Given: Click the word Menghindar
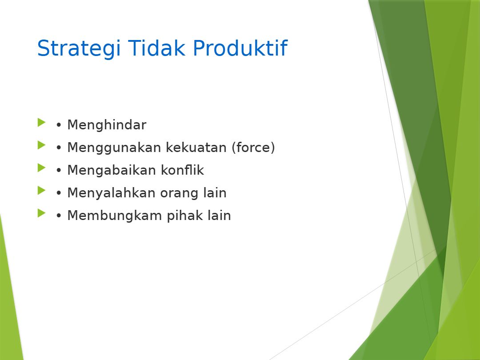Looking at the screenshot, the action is coord(107,125).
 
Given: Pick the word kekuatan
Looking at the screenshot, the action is coord(196,147).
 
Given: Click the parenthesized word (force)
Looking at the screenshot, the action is coord(253,148).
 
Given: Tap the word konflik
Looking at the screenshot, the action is coord(183,170).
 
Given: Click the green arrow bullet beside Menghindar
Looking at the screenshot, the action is coord(41,123).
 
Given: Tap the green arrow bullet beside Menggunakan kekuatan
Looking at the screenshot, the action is coord(41,145).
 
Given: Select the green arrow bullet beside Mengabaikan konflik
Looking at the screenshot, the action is coord(41,168).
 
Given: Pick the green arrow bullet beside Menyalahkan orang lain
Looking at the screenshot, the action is coord(41,190).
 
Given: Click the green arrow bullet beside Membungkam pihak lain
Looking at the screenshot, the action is coord(41,213).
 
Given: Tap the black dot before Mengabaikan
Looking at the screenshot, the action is coord(59,171).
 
